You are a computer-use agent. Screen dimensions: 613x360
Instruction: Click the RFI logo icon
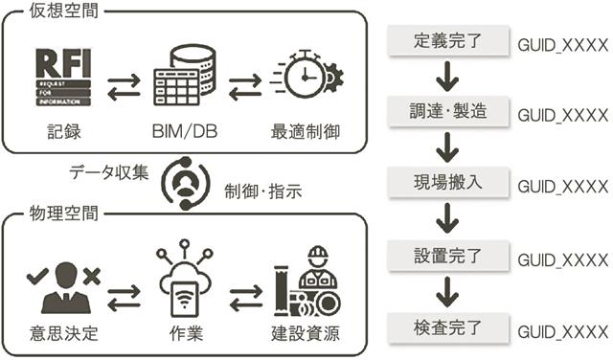coord(63,77)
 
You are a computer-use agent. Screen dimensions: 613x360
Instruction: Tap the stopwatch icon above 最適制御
coord(306,74)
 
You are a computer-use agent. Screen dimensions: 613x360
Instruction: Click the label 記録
coord(64,132)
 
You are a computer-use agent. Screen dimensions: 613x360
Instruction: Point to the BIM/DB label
coord(185,132)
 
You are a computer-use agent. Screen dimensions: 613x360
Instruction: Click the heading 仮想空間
coord(64,11)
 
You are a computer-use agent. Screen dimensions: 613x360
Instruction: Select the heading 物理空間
coord(64,214)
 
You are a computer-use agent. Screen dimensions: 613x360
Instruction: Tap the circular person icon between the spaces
coord(186,183)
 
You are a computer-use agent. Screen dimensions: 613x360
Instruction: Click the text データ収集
coord(109,172)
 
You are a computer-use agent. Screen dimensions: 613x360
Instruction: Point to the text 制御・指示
coord(263,191)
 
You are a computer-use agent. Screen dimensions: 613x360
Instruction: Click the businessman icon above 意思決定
coord(64,287)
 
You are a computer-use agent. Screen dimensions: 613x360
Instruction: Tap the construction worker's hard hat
coord(318,256)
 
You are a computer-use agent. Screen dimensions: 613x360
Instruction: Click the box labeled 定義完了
coord(448,40)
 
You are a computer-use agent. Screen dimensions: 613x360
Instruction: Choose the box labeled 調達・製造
coord(448,111)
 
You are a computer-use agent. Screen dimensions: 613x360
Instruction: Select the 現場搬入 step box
coord(448,182)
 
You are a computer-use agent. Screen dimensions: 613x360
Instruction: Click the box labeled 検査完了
coord(448,327)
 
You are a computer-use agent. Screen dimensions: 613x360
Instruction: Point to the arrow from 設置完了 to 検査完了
coord(447,292)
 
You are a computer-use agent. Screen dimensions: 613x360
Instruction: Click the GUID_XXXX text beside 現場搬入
coord(563,187)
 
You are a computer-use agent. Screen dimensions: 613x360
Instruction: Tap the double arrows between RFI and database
coord(124,87)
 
